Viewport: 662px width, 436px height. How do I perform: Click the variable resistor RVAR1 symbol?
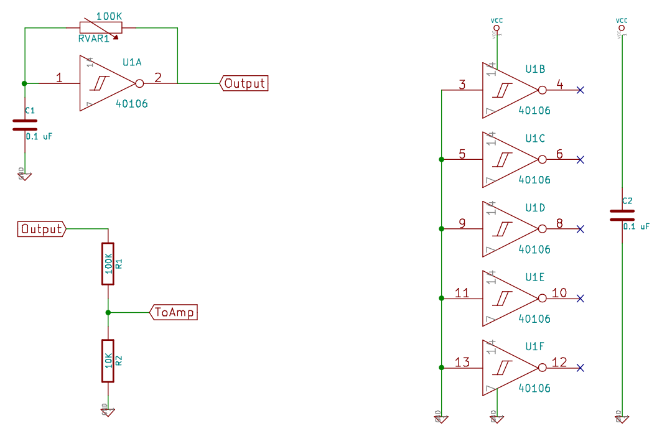tap(100, 27)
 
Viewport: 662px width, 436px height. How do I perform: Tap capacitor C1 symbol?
tap(24, 125)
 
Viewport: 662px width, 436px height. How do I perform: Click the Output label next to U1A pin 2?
tap(244, 83)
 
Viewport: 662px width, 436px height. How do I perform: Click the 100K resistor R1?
tap(108, 264)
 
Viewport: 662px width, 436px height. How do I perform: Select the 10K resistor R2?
tap(108, 361)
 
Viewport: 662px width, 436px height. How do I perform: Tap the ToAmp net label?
tap(174, 312)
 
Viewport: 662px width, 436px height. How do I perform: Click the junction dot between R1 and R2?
tap(108, 312)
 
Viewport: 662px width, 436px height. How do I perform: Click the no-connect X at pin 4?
tap(580, 90)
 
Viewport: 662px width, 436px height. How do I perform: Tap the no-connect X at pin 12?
tap(580, 368)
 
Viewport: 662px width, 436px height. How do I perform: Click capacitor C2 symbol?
tap(622, 215)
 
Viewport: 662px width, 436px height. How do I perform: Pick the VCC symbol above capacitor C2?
tap(621, 27)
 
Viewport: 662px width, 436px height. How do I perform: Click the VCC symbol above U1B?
tap(496, 27)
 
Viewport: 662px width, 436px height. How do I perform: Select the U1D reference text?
tap(535, 207)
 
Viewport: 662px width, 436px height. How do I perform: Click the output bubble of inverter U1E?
tap(542, 299)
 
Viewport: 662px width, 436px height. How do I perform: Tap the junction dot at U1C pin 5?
tap(441, 160)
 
